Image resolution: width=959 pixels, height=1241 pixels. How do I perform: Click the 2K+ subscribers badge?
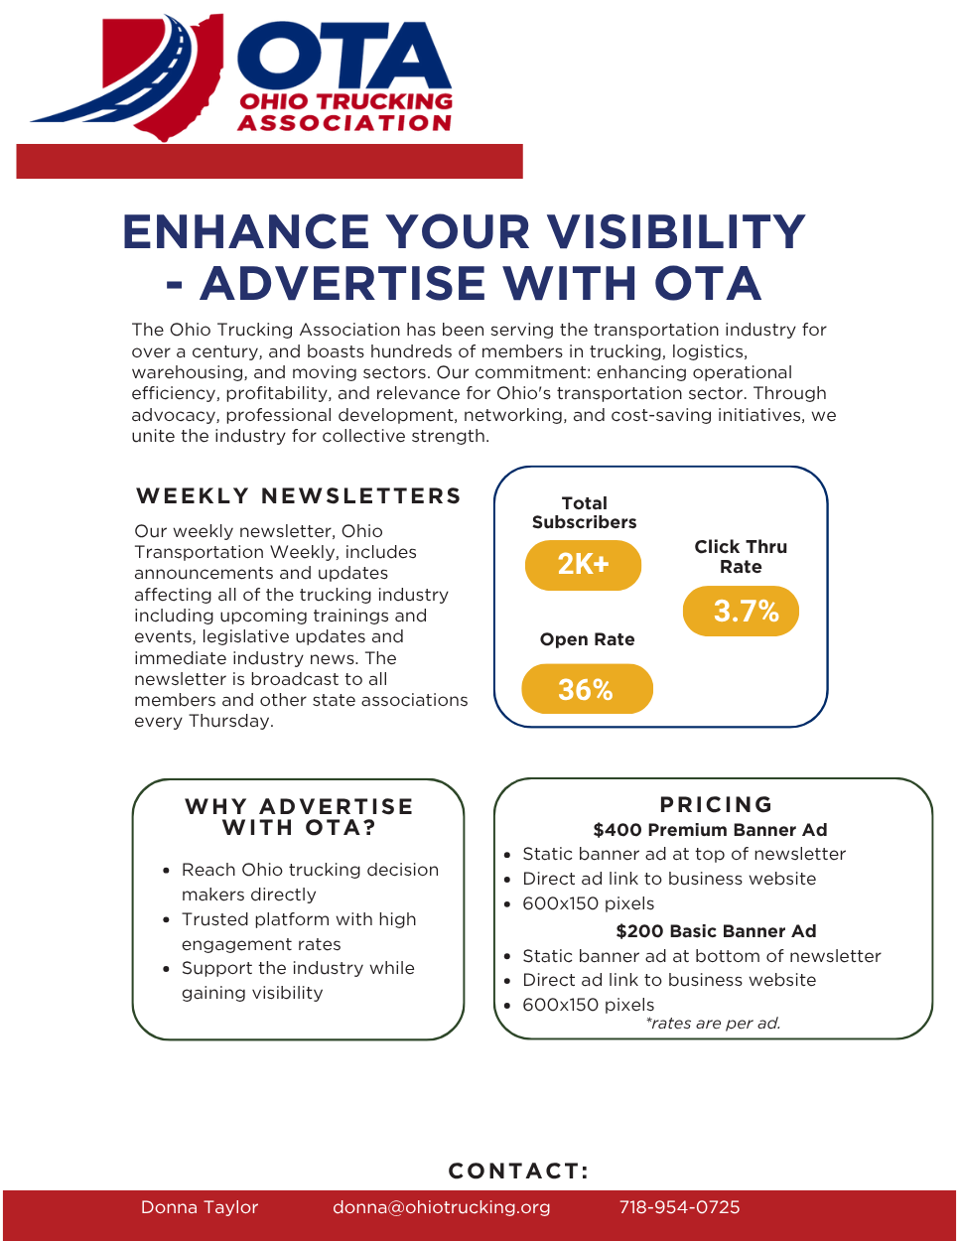click(583, 565)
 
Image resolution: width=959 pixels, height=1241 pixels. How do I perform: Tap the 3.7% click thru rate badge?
click(741, 612)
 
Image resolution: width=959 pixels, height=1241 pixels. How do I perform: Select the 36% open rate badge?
click(587, 689)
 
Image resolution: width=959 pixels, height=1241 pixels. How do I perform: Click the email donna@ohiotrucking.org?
click(441, 1207)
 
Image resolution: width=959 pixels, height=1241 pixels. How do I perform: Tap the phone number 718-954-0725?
click(679, 1207)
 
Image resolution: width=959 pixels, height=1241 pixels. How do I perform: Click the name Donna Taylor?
click(200, 1207)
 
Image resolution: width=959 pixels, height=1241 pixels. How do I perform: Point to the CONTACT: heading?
click(518, 1171)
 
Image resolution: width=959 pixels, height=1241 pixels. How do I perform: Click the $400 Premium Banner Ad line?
click(710, 830)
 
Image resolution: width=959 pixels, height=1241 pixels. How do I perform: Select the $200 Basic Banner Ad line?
click(716, 931)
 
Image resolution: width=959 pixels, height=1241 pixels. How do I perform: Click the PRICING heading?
click(716, 804)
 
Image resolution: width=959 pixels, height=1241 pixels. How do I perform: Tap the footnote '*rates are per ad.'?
click(713, 1024)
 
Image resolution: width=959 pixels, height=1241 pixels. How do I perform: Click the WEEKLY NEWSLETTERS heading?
click(299, 496)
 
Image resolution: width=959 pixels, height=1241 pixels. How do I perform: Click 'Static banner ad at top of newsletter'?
click(684, 854)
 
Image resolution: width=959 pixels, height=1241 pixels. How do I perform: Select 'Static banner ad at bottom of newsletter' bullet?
click(701, 956)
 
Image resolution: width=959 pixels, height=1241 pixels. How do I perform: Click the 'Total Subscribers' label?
click(584, 512)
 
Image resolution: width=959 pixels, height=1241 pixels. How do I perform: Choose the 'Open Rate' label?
click(587, 639)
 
